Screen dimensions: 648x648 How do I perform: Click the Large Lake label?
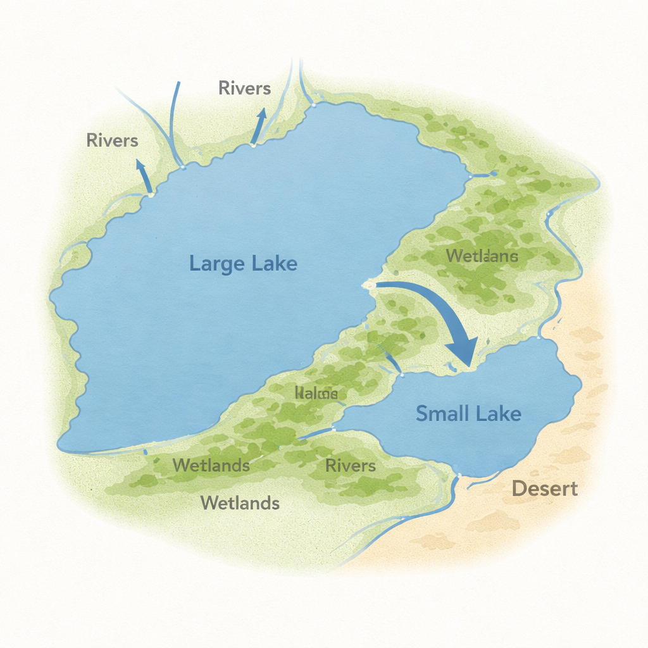pyautogui.click(x=243, y=263)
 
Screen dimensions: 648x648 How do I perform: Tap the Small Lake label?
pyautogui.click(x=468, y=414)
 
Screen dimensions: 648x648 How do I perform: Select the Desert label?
pyautogui.click(x=544, y=489)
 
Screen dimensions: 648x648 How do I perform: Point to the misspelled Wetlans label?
pyautogui.click(x=482, y=256)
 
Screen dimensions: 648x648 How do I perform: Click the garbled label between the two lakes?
pyautogui.click(x=316, y=394)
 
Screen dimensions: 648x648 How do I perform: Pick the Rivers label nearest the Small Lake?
pyautogui.click(x=350, y=466)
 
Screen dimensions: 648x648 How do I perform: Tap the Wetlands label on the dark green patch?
pyautogui.click(x=211, y=465)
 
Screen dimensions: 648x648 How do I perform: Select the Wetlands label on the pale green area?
pyautogui.click(x=240, y=503)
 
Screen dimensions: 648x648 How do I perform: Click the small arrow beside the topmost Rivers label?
pyautogui.click(x=258, y=125)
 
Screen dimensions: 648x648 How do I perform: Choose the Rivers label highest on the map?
pyautogui.click(x=244, y=88)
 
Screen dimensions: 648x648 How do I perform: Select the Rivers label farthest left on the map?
pyautogui.click(x=112, y=140)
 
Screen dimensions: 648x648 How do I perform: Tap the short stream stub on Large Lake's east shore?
pyautogui.click(x=483, y=173)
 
